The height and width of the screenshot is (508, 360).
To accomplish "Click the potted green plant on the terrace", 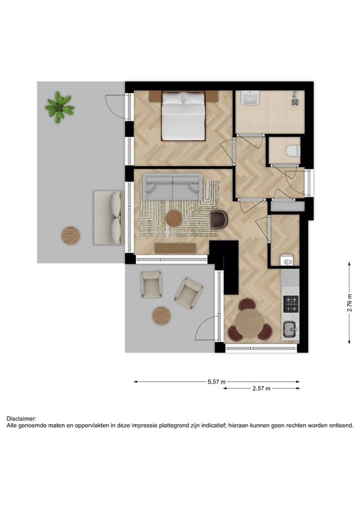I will [59, 106].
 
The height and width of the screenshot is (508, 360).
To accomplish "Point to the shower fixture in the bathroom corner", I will [295, 98].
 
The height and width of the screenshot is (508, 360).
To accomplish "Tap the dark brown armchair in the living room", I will [218, 220].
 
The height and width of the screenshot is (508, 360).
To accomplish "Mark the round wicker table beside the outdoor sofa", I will [70, 235].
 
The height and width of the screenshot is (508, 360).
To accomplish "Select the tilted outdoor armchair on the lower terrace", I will [188, 293].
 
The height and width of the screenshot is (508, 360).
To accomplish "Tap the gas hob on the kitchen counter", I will [290, 302].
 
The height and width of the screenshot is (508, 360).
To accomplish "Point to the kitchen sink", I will [290, 329].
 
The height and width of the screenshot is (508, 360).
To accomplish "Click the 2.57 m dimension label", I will [261, 389].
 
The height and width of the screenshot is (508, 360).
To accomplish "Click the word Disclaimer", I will [21, 419].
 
